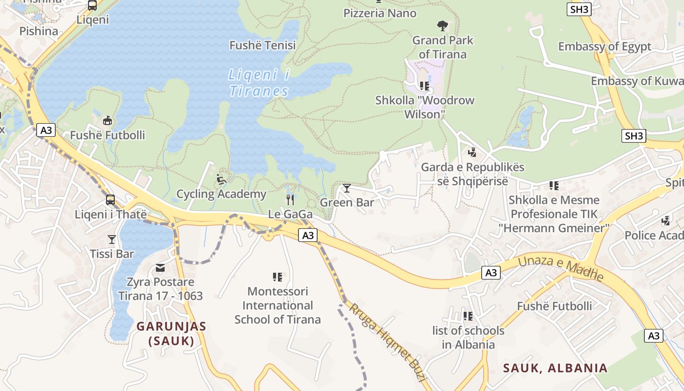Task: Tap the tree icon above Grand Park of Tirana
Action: click(x=443, y=25)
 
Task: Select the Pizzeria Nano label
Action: click(x=380, y=13)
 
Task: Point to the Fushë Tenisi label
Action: click(x=263, y=45)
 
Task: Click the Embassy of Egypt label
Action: click(x=604, y=46)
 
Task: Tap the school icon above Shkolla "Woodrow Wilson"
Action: click(x=425, y=86)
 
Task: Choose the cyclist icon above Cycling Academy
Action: click(x=221, y=179)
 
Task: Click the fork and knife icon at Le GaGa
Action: click(x=290, y=199)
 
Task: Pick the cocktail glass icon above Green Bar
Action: click(x=347, y=188)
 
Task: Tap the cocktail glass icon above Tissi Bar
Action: click(x=112, y=239)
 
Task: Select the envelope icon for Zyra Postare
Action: click(x=160, y=268)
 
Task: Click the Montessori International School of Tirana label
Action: click(x=278, y=305)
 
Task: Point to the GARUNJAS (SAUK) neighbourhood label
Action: click(x=171, y=333)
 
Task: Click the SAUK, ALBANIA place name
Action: click(x=555, y=368)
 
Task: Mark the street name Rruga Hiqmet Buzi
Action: click(x=388, y=342)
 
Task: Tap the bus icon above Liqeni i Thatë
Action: click(x=110, y=200)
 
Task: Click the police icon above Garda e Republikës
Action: click(x=472, y=152)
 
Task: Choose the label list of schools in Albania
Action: click(x=468, y=337)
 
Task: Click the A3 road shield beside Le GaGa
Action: click(x=308, y=235)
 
